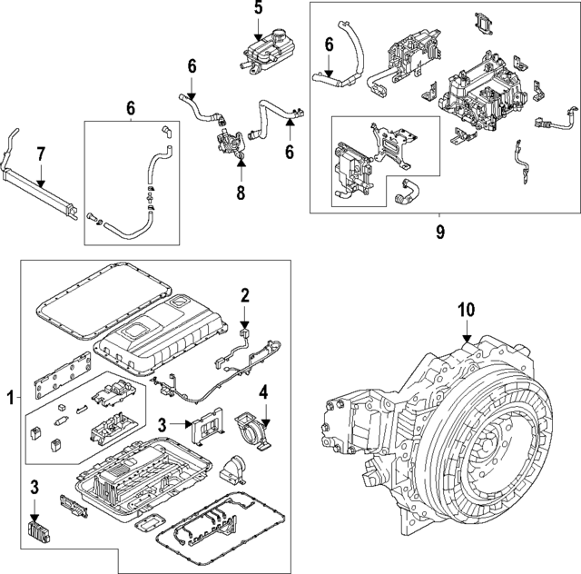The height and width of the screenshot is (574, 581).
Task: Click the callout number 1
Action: coord(11,398)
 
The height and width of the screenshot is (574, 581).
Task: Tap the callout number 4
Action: coord(263,393)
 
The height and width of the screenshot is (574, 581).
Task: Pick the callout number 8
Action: coord(241,194)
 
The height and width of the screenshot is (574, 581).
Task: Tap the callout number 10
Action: coord(466,311)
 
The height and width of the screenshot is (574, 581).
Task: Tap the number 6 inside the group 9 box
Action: coord(329,44)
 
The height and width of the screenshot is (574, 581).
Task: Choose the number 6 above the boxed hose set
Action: coord(131,109)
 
